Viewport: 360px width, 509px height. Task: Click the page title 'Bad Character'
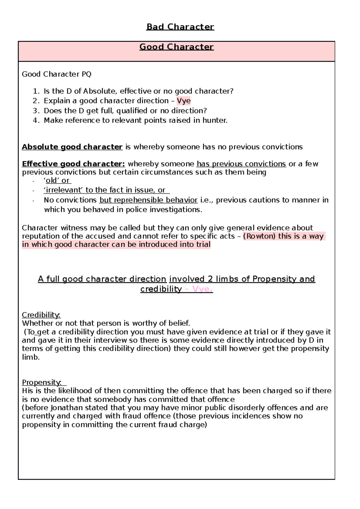(x=180, y=27)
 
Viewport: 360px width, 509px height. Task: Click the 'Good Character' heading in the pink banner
(x=176, y=47)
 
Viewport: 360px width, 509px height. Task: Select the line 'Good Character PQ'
(x=56, y=74)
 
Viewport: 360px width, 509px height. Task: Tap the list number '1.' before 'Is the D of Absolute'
(x=36, y=91)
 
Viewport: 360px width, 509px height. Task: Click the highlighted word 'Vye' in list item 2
(x=184, y=101)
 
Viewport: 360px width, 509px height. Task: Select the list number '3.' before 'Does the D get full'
(x=36, y=111)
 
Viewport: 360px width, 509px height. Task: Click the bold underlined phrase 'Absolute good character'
(x=72, y=147)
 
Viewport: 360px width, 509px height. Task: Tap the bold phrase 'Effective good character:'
(x=73, y=164)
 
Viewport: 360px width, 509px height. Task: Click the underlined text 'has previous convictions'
(x=241, y=164)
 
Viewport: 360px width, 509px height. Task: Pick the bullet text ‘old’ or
(x=57, y=180)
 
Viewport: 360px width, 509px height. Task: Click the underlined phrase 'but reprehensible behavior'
(x=148, y=200)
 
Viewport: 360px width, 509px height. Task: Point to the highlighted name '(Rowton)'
(x=259, y=236)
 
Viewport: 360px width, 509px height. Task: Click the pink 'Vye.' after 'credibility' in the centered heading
(x=202, y=289)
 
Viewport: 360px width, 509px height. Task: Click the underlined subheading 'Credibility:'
(x=41, y=315)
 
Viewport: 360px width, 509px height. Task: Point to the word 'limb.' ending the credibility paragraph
(x=31, y=357)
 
